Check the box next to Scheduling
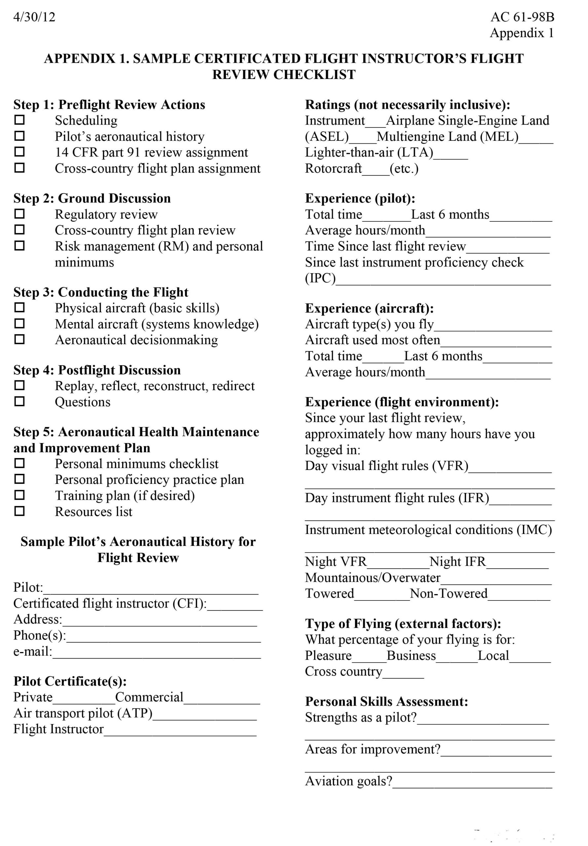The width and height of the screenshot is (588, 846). [19, 120]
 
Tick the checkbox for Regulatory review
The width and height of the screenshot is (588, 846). [19, 214]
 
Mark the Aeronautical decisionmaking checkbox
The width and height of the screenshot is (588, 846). [19, 339]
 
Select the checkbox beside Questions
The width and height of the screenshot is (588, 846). [19, 401]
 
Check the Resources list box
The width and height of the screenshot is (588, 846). [19, 511]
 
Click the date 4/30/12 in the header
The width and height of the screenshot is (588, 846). [34, 17]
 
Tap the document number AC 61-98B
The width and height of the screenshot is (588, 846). [522, 17]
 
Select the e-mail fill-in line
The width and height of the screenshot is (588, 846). [156, 653]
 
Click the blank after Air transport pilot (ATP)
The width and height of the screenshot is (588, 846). [204, 714]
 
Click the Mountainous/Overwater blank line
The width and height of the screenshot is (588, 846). [496, 579]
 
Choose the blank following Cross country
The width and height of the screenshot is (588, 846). [403, 673]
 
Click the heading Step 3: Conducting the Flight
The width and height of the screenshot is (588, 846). [101, 292]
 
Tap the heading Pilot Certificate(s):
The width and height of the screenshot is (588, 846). [70, 681]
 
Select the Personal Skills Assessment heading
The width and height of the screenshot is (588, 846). [386, 702]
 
